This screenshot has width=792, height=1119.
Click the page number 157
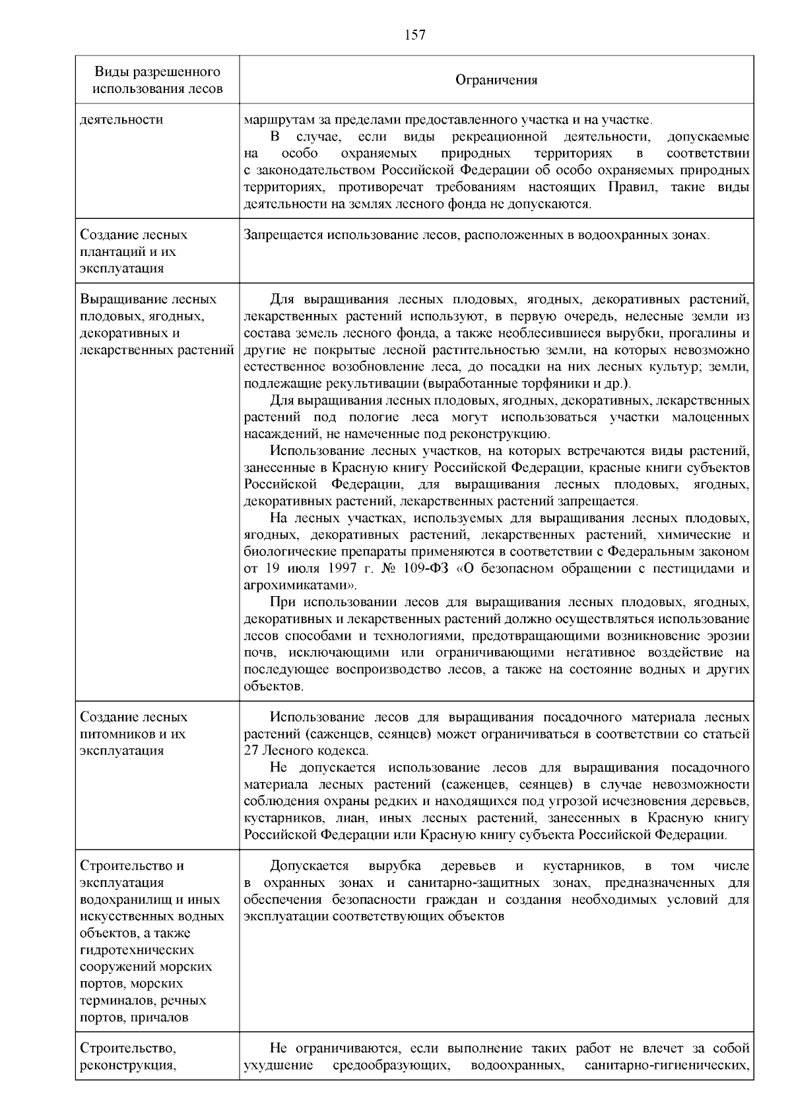pos(415,35)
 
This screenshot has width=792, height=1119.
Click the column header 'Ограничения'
pos(496,80)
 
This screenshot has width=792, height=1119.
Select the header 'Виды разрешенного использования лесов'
pos(157,80)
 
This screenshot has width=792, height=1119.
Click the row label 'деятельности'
pos(121,120)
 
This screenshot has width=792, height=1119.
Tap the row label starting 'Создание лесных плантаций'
pos(134,251)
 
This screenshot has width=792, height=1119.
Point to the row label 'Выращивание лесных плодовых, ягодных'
pos(156,324)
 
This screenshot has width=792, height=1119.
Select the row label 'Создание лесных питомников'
pos(134,733)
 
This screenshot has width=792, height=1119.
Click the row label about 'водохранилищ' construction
pos(152,941)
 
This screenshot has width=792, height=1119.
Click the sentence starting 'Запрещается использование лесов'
pos(476,235)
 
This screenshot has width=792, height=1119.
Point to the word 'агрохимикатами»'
pos(300,586)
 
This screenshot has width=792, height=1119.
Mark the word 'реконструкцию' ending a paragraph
pos(506,434)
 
